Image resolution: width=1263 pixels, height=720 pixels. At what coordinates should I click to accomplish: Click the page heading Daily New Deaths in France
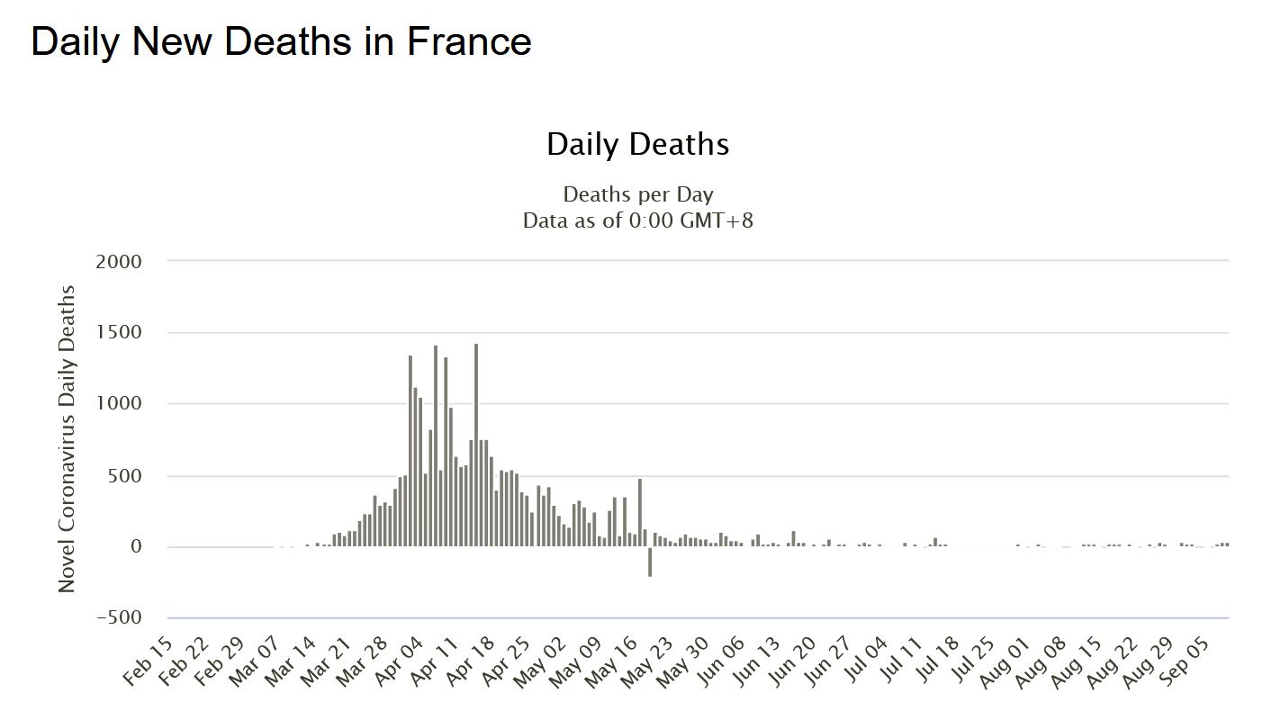click(281, 41)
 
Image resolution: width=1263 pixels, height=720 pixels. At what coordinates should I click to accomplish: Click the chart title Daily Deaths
click(637, 144)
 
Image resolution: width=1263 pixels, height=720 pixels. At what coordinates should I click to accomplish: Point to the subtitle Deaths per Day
click(637, 194)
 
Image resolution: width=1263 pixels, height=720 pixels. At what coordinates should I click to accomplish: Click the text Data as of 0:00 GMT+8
click(637, 220)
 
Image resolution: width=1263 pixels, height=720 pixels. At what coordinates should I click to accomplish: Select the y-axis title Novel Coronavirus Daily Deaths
click(67, 439)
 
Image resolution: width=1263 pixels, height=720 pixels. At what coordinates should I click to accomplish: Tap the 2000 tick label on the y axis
click(119, 261)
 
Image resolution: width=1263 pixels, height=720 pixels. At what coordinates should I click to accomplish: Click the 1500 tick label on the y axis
click(119, 332)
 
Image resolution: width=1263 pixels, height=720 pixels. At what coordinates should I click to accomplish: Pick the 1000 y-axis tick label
click(119, 403)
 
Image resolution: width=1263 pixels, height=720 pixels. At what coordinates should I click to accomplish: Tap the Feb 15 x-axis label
click(148, 663)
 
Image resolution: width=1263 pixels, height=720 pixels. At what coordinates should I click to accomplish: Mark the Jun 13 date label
click(754, 663)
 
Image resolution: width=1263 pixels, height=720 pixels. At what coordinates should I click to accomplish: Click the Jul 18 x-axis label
click(934, 663)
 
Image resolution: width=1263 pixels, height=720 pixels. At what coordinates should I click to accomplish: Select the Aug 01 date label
click(1006, 663)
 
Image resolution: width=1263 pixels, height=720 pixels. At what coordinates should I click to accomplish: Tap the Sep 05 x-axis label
click(1185, 663)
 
